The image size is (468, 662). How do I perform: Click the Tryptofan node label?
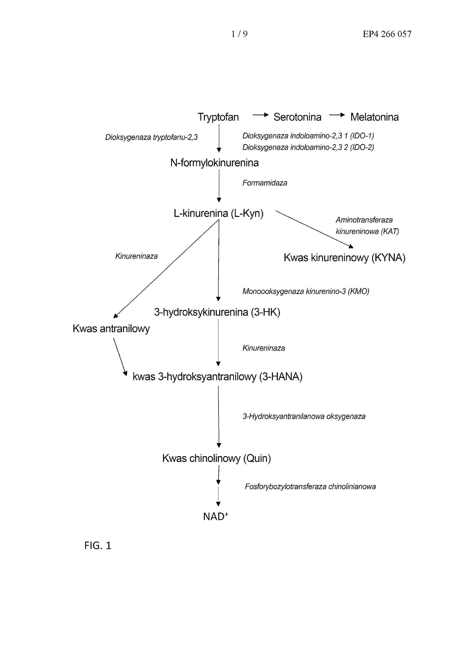[x=218, y=117]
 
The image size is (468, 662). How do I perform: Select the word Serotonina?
[x=297, y=117]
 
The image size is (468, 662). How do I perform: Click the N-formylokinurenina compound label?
[x=214, y=163]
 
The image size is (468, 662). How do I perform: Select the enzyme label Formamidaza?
[x=264, y=183]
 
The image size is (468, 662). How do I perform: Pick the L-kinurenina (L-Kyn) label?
[x=218, y=213]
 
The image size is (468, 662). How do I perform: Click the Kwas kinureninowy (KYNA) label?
[x=344, y=257]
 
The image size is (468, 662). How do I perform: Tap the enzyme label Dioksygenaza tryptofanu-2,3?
[x=151, y=137]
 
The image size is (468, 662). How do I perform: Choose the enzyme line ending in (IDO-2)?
[x=308, y=147]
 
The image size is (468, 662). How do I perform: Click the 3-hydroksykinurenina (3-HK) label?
[x=217, y=312]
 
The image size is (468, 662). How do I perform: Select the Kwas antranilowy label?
[x=111, y=328]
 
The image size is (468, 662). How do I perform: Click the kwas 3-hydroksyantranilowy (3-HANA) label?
[x=217, y=376]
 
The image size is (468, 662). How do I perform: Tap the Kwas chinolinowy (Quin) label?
[x=216, y=458]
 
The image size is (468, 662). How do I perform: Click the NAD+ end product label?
[x=216, y=516]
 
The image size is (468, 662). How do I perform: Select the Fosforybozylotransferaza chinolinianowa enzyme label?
[x=310, y=487]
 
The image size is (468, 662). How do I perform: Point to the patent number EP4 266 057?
[x=387, y=34]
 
